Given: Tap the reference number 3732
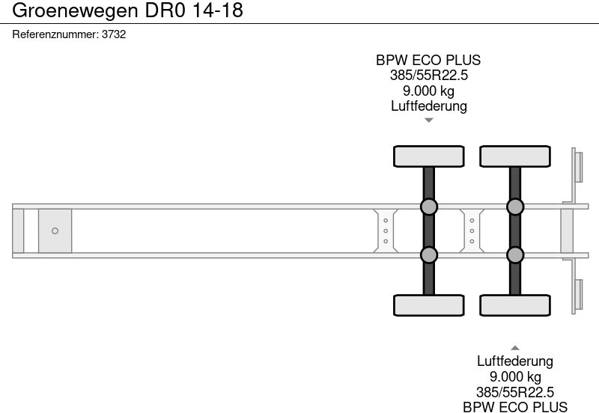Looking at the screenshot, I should pos(113,34).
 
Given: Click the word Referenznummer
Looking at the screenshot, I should pos(55,34).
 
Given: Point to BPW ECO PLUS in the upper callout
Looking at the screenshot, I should pos(428,61).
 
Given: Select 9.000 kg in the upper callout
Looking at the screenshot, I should pos(428,91).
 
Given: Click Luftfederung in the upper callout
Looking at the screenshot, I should pos(428,105).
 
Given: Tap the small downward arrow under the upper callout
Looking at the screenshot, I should pos(428,120).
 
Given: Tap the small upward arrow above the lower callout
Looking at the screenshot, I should pos(515,347).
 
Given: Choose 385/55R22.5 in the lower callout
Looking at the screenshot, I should pos(515,391).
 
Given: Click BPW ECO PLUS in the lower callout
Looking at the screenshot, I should pos(515,406).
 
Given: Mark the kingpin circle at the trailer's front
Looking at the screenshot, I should pos(55,231).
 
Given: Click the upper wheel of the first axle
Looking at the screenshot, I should pos(429,156).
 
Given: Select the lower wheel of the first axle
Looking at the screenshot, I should pos(429,305).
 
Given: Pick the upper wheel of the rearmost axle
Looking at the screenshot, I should pos(515,156).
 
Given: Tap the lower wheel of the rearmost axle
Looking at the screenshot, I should pos(515,305).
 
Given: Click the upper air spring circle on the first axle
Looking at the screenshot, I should pos(429,206).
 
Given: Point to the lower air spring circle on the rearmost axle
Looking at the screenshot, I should pos(515,255).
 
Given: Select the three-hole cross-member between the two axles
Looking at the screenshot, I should pos(472,231).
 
